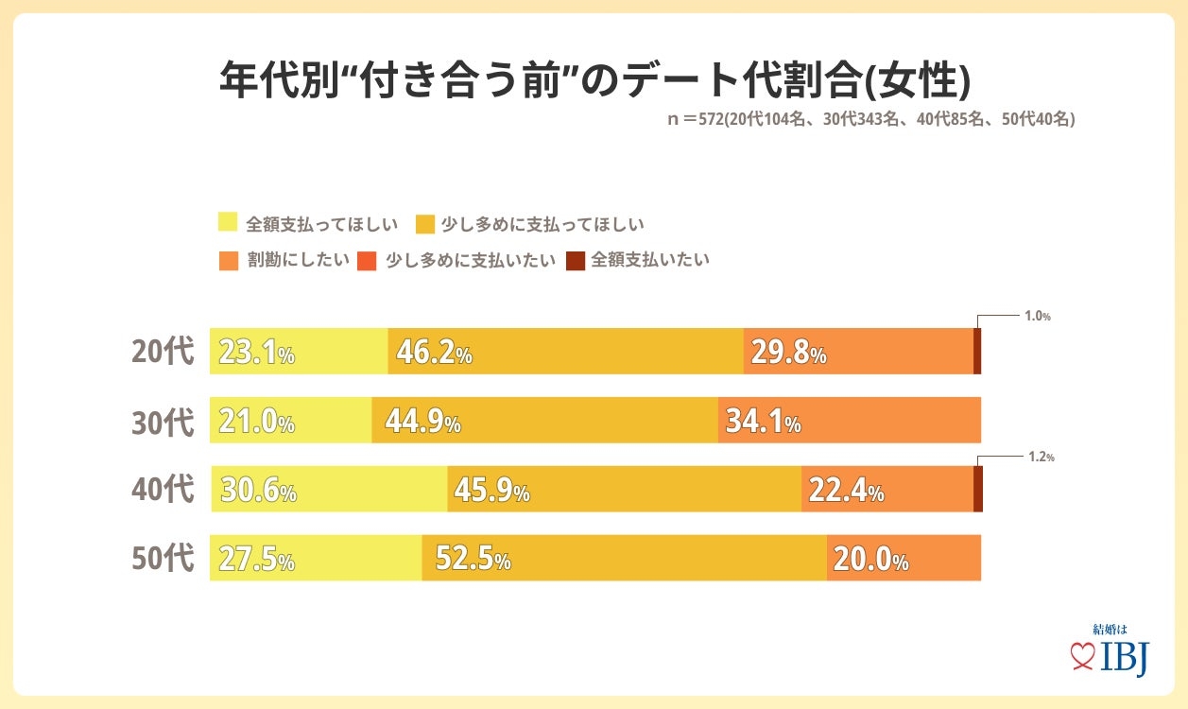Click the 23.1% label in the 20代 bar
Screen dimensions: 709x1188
[256, 353]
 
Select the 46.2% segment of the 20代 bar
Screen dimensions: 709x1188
[565, 352]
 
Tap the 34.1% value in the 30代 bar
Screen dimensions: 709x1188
[763, 422]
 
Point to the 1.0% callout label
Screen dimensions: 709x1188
[1038, 317]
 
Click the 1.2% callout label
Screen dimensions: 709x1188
[1041, 457]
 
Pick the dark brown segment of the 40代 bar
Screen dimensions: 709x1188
[978, 490]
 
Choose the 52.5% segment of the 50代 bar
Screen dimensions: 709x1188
[624, 559]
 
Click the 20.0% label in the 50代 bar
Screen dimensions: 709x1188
[870, 561]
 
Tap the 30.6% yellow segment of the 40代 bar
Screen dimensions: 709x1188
[329, 490]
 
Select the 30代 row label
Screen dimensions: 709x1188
[163, 422]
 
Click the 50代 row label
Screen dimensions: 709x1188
[163, 559]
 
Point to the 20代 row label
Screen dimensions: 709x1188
[163, 352]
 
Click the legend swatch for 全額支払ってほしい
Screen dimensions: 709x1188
[228, 224]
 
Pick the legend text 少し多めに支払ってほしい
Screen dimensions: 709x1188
[542, 224]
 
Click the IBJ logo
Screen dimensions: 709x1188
[1111, 652]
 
